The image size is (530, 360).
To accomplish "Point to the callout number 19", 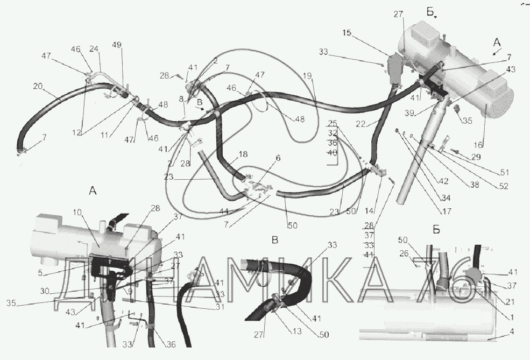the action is [x=307, y=76].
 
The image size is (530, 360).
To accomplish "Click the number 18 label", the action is [x=243, y=154].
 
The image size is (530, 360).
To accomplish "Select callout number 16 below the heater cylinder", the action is [x=479, y=144].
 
